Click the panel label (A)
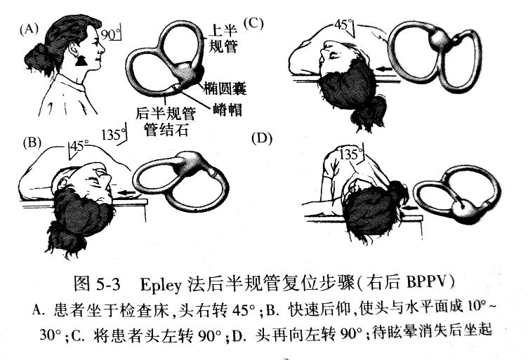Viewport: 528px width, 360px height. click(29, 29)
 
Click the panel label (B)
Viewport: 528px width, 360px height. click(32, 142)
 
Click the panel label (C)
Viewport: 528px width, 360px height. click(253, 24)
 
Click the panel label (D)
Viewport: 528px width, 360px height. click(262, 139)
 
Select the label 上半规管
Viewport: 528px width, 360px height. click(223, 39)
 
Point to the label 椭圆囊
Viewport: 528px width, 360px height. click(225, 88)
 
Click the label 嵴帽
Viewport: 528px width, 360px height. click(227, 109)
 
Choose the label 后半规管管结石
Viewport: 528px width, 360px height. click(166, 121)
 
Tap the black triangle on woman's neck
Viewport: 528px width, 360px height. click(81, 60)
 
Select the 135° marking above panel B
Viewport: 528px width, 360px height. click(114, 135)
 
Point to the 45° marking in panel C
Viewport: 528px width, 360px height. click(344, 25)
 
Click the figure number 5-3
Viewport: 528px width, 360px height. click(107, 285)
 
